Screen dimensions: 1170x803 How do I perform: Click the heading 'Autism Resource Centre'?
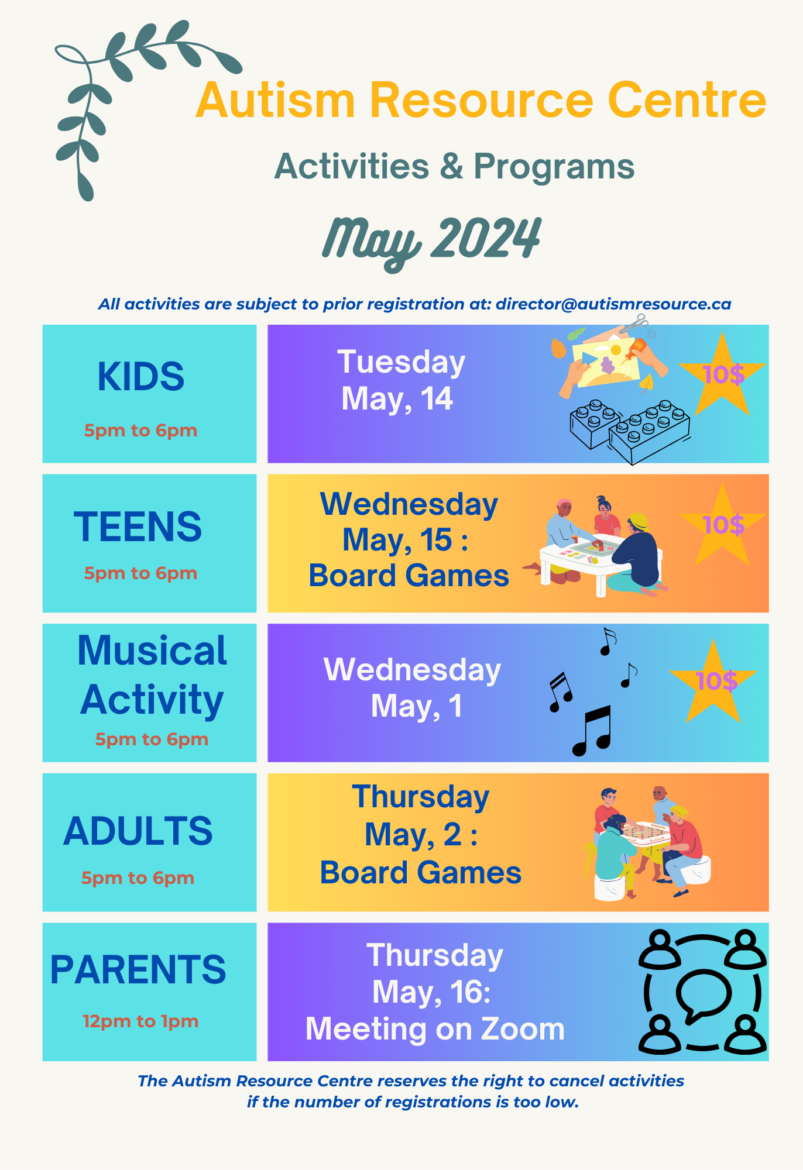tap(481, 100)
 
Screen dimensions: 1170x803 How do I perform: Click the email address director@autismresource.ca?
tap(613, 304)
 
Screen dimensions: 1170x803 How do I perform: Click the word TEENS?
tap(138, 526)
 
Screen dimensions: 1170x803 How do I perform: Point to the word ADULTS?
tap(138, 831)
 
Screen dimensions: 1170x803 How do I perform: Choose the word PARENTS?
tap(138, 969)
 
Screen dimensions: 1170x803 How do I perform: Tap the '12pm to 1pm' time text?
tap(140, 1021)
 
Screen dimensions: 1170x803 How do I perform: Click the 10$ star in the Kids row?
tap(723, 374)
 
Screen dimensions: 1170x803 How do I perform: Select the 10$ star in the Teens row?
tap(723, 525)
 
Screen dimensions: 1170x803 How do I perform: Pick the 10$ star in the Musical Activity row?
tap(714, 681)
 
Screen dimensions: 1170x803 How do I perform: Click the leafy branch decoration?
tap(117, 88)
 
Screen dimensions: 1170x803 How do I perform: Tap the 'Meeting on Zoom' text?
tap(435, 1029)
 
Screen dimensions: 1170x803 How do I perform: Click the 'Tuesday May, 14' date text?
tap(401, 380)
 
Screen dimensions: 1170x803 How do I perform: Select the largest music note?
tap(592, 731)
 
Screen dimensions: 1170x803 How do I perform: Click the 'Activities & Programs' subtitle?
tap(454, 166)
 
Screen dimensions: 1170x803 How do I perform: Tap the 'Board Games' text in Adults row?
tap(420, 873)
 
